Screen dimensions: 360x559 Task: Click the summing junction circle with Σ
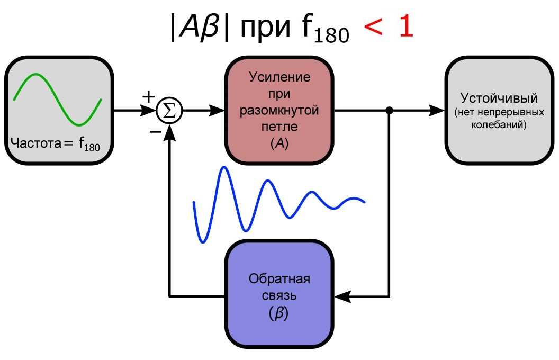(169, 111)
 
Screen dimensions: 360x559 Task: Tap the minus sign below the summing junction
(155, 131)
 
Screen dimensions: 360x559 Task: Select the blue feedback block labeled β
(279, 294)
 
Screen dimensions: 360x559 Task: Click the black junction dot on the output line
(390, 111)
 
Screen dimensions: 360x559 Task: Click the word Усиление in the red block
(279, 77)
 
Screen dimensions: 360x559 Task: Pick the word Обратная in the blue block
(279, 280)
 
